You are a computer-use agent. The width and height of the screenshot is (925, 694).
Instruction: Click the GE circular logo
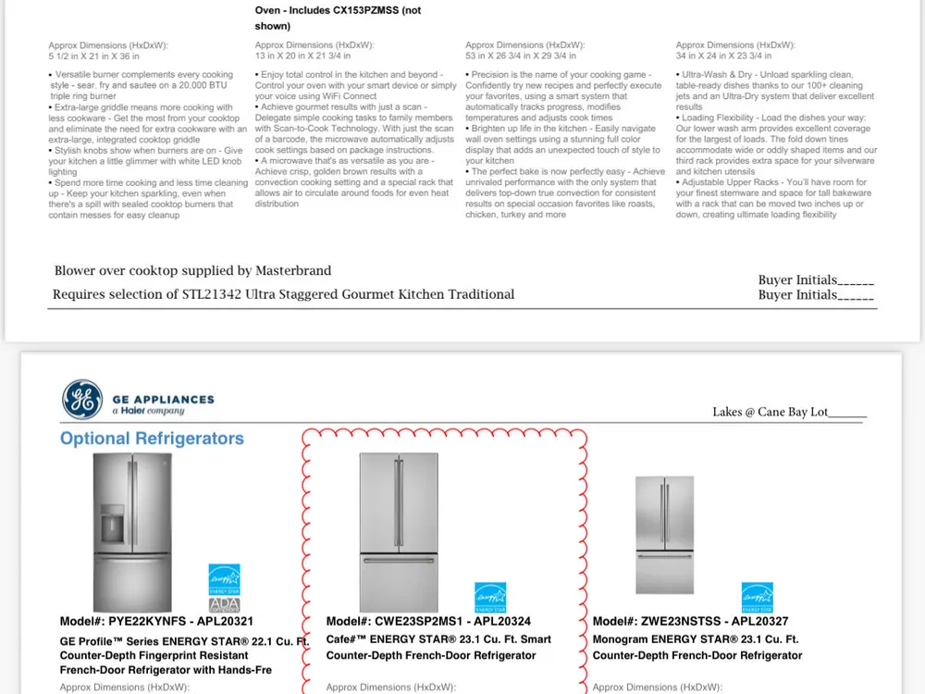pyautogui.click(x=82, y=400)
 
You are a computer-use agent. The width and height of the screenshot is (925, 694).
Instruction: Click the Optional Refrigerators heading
pyautogui.click(x=152, y=439)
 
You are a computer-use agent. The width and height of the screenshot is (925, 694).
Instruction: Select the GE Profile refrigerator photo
pyautogui.click(x=132, y=531)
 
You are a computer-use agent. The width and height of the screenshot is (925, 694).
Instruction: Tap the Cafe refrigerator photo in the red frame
pyautogui.click(x=399, y=531)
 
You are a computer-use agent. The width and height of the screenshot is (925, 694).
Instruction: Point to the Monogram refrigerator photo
pyautogui.click(x=664, y=535)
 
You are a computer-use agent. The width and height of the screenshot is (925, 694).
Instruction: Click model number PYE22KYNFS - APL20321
pyautogui.click(x=156, y=622)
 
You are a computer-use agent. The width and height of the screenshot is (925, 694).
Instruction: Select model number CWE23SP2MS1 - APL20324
pyautogui.click(x=428, y=622)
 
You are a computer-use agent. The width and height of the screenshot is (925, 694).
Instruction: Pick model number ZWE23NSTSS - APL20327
pyautogui.click(x=690, y=622)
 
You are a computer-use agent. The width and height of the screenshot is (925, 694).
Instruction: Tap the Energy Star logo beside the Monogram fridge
pyautogui.click(x=757, y=597)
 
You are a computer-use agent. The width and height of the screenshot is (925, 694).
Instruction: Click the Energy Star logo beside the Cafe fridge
pyautogui.click(x=490, y=597)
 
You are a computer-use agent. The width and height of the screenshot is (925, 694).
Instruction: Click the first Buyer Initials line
pyautogui.click(x=816, y=280)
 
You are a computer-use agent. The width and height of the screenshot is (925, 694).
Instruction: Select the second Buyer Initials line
pyautogui.click(x=816, y=295)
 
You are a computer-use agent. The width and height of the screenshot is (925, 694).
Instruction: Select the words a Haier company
pyautogui.click(x=148, y=411)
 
